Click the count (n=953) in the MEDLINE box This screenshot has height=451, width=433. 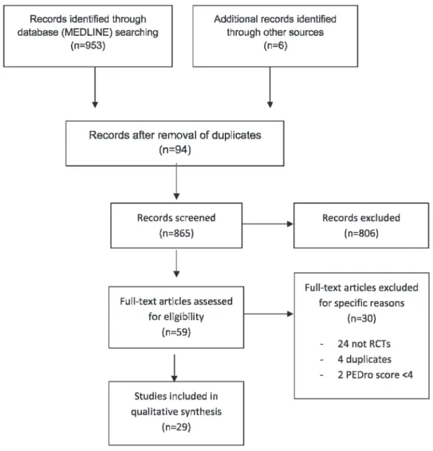[88, 45]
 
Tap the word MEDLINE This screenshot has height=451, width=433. [86, 32]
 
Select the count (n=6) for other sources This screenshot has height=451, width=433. [275, 45]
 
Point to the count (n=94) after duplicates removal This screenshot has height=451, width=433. [175, 149]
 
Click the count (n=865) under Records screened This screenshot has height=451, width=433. [176, 233]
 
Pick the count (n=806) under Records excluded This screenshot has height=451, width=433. [361, 233]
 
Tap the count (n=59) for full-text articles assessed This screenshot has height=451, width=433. [176, 332]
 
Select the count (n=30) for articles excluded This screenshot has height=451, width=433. [361, 318]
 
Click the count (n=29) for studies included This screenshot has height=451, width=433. [176, 427]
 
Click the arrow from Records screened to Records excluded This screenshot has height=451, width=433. [268, 224]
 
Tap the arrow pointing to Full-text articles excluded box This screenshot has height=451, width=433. [269, 314]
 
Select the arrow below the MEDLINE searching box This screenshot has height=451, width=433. [95, 88]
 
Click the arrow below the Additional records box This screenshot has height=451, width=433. [270, 88]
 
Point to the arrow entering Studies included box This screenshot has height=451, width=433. [175, 368]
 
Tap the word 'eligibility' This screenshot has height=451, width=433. [176, 317]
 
